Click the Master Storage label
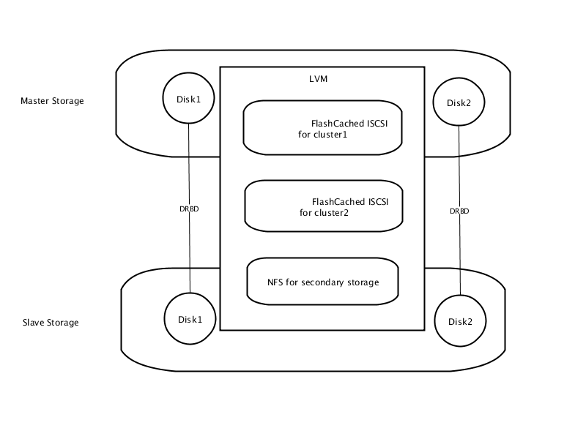click(52, 101)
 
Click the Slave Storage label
click(51, 323)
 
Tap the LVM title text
click(319, 79)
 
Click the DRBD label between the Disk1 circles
click(189, 209)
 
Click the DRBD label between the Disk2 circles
click(459, 211)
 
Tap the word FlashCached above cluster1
click(338, 124)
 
